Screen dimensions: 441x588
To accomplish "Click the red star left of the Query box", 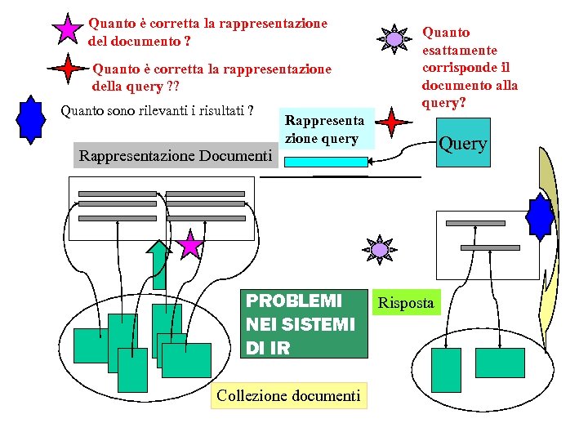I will [x=394, y=123].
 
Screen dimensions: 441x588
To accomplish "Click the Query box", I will [x=463, y=144].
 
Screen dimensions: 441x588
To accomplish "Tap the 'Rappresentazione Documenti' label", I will [x=175, y=155].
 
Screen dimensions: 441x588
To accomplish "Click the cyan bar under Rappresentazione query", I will [x=327, y=162].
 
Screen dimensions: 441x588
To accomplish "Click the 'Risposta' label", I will [x=406, y=304].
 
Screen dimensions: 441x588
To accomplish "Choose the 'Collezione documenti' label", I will [x=288, y=396].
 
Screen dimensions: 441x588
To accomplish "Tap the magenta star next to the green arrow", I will [x=191, y=244].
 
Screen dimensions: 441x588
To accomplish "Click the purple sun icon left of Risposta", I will [x=380, y=248].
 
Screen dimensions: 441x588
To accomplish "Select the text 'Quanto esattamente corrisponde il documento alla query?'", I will [x=470, y=68].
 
